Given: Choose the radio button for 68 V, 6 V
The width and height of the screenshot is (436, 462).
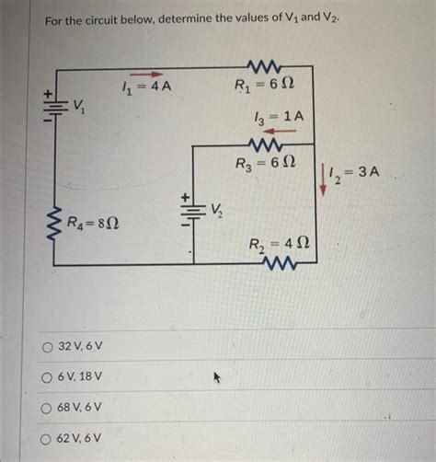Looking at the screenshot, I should [47, 408].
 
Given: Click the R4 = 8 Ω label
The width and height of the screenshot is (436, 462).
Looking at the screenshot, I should [95, 223].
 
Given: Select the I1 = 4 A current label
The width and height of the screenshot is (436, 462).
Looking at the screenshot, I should [147, 88].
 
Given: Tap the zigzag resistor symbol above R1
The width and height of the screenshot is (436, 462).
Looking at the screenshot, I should [267, 65].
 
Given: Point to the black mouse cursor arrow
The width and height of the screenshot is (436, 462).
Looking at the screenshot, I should [218, 377].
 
